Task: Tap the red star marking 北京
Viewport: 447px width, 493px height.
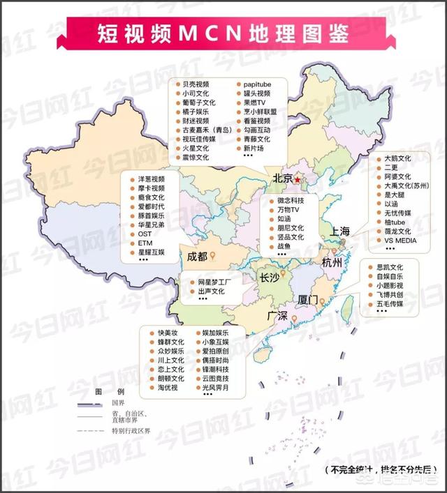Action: [299, 180]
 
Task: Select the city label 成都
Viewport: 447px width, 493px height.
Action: [197, 256]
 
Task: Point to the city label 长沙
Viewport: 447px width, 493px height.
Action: [270, 277]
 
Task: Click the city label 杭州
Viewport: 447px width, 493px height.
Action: [333, 264]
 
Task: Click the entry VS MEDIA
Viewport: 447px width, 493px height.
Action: [400, 240]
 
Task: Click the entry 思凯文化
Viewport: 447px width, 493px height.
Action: [390, 267]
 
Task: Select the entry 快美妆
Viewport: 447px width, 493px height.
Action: [168, 333]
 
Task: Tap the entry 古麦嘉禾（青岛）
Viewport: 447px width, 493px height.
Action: [207, 130]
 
